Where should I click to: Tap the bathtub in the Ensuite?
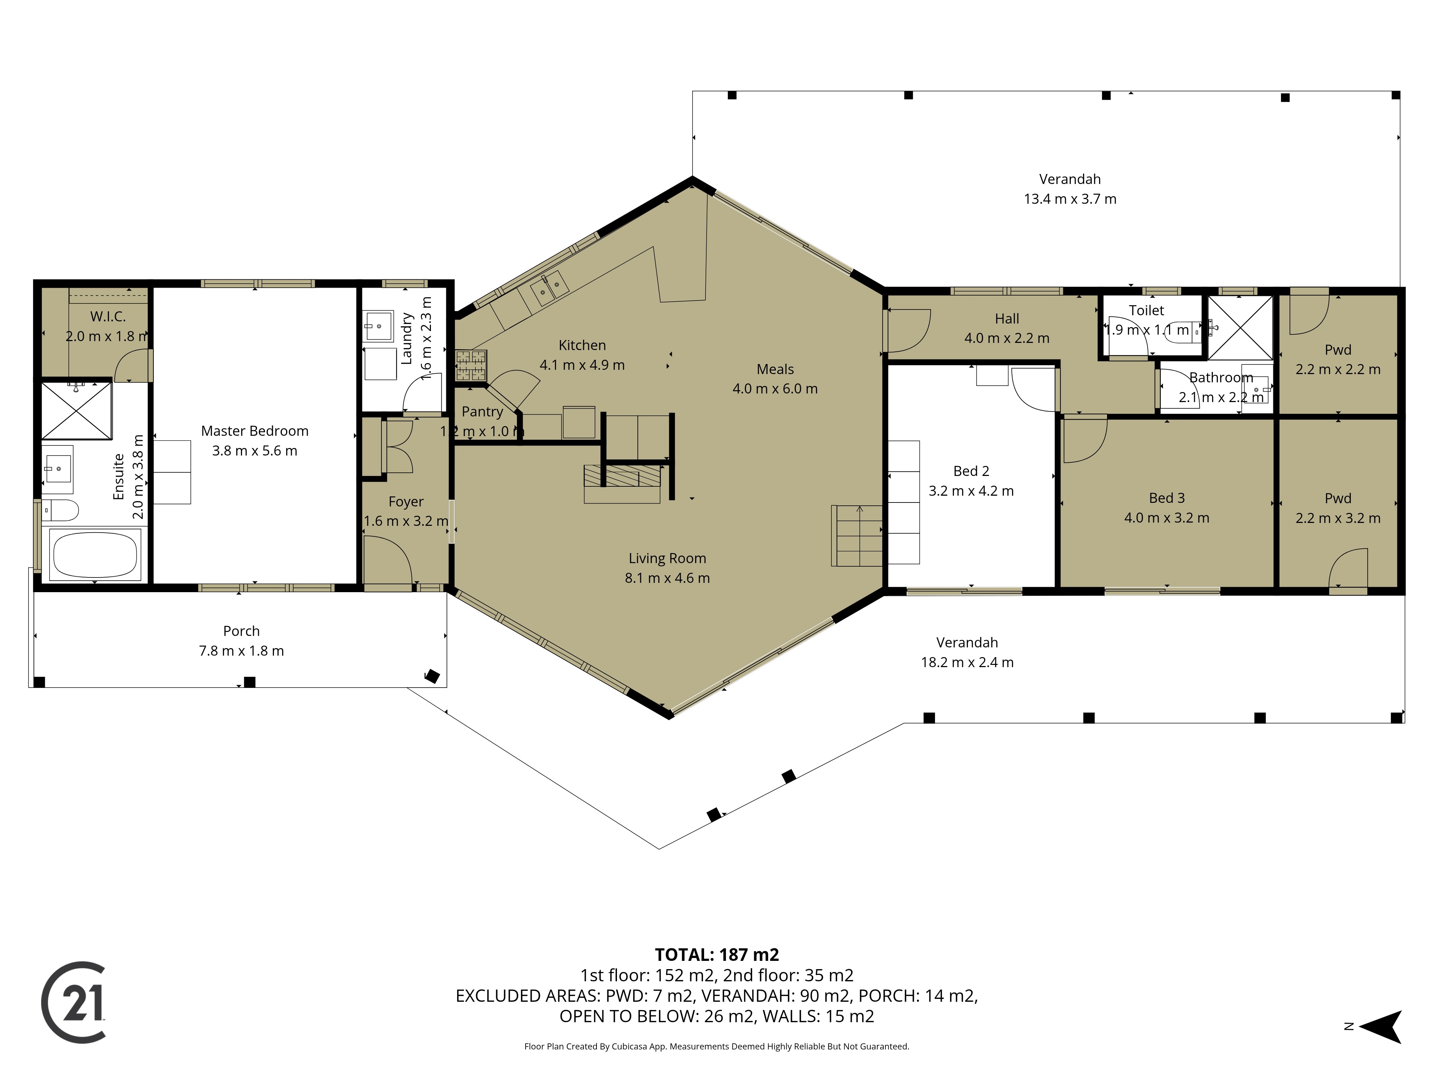tap(95, 554)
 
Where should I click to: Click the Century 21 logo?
tap(73, 1002)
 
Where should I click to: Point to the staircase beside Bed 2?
tap(858, 536)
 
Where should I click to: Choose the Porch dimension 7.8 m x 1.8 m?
tap(241, 651)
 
